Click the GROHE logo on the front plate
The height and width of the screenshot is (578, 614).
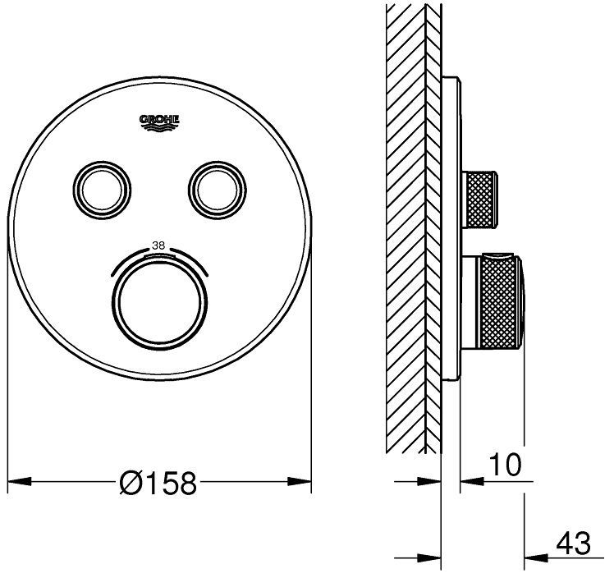click(159, 122)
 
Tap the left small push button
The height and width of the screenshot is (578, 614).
click(102, 190)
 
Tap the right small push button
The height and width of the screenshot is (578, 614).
click(218, 190)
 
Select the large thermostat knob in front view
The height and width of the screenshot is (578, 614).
click(160, 305)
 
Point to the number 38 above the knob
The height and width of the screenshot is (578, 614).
click(158, 246)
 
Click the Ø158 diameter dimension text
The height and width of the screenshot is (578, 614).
click(158, 483)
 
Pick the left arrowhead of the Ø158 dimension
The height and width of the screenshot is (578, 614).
click(20, 481)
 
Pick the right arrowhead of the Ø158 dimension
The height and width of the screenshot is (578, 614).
click(300, 481)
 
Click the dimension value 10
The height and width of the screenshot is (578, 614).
click(505, 465)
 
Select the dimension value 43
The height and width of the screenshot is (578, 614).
click(573, 544)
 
